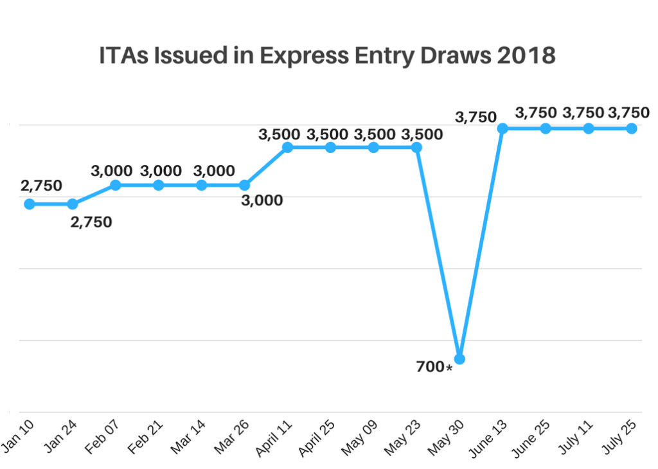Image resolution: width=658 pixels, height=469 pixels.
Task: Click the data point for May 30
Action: (x=459, y=358)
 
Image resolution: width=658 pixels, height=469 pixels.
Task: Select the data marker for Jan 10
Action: (x=30, y=204)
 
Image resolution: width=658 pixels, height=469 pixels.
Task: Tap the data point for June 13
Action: (x=502, y=128)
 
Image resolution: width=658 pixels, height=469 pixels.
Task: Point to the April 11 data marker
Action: (x=287, y=148)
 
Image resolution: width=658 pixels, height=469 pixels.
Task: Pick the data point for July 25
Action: (x=632, y=128)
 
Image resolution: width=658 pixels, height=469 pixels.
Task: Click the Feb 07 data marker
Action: (x=116, y=185)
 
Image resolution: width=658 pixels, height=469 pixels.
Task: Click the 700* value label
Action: (x=434, y=367)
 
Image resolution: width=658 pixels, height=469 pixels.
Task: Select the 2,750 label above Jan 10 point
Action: (x=41, y=186)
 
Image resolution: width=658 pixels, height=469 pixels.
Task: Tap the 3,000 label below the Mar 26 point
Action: (x=262, y=200)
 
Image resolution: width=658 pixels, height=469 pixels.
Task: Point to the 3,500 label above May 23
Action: (x=422, y=134)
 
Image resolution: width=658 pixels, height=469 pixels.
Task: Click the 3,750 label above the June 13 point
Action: (x=476, y=117)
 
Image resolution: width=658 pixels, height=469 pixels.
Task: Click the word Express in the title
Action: (x=298, y=56)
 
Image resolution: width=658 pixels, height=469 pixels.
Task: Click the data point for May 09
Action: (x=373, y=148)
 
